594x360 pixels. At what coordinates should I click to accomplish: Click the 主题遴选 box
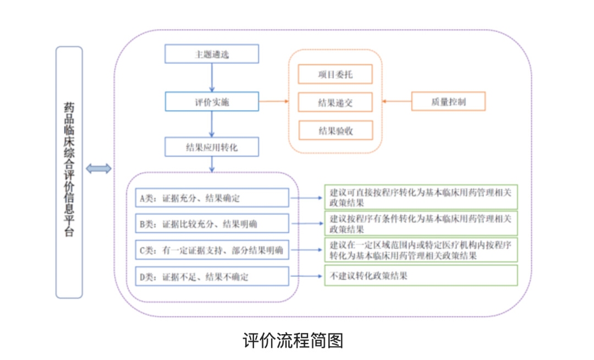(212, 54)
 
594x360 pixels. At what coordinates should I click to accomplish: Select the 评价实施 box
(212, 102)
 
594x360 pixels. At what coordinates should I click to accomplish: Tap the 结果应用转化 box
(212, 147)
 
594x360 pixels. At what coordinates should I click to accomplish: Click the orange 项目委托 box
(335, 74)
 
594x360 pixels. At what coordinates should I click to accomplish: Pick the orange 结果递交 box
(335, 102)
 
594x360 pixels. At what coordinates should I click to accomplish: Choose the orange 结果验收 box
(335, 130)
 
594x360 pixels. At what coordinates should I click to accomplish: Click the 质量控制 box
(448, 102)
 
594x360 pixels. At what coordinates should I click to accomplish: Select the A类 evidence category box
(212, 198)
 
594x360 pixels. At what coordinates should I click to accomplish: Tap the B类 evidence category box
(212, 223)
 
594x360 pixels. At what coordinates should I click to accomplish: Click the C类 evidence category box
(212, 250)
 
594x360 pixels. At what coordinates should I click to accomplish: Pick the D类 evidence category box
(212, 276)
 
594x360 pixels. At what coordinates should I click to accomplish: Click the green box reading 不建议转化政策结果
(421, 276)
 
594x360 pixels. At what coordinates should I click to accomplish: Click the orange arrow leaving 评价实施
(273, 102)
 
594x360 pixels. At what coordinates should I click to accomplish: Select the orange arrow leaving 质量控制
(397, 102)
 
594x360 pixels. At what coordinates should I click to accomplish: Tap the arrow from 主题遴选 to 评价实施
(212, 77)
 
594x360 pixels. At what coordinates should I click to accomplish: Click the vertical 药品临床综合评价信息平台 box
(69, 172)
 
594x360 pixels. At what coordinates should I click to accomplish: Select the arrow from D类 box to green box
(307, 276)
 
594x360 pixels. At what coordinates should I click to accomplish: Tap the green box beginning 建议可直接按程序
(421, 197)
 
